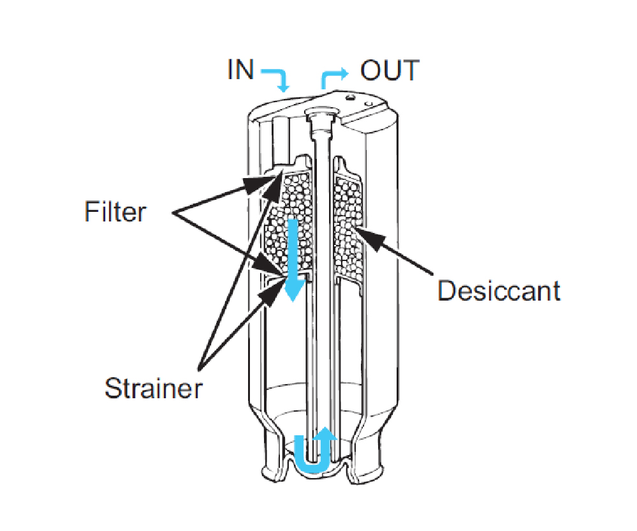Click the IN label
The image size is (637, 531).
[240, 70]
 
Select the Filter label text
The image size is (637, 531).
[115, 211]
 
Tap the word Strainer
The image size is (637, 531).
[153, 387]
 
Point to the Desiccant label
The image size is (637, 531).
[499, 290]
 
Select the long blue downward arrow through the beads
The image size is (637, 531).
[293, 258]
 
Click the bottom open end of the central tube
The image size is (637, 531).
[312, 461]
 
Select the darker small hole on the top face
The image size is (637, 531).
[348, 98]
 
